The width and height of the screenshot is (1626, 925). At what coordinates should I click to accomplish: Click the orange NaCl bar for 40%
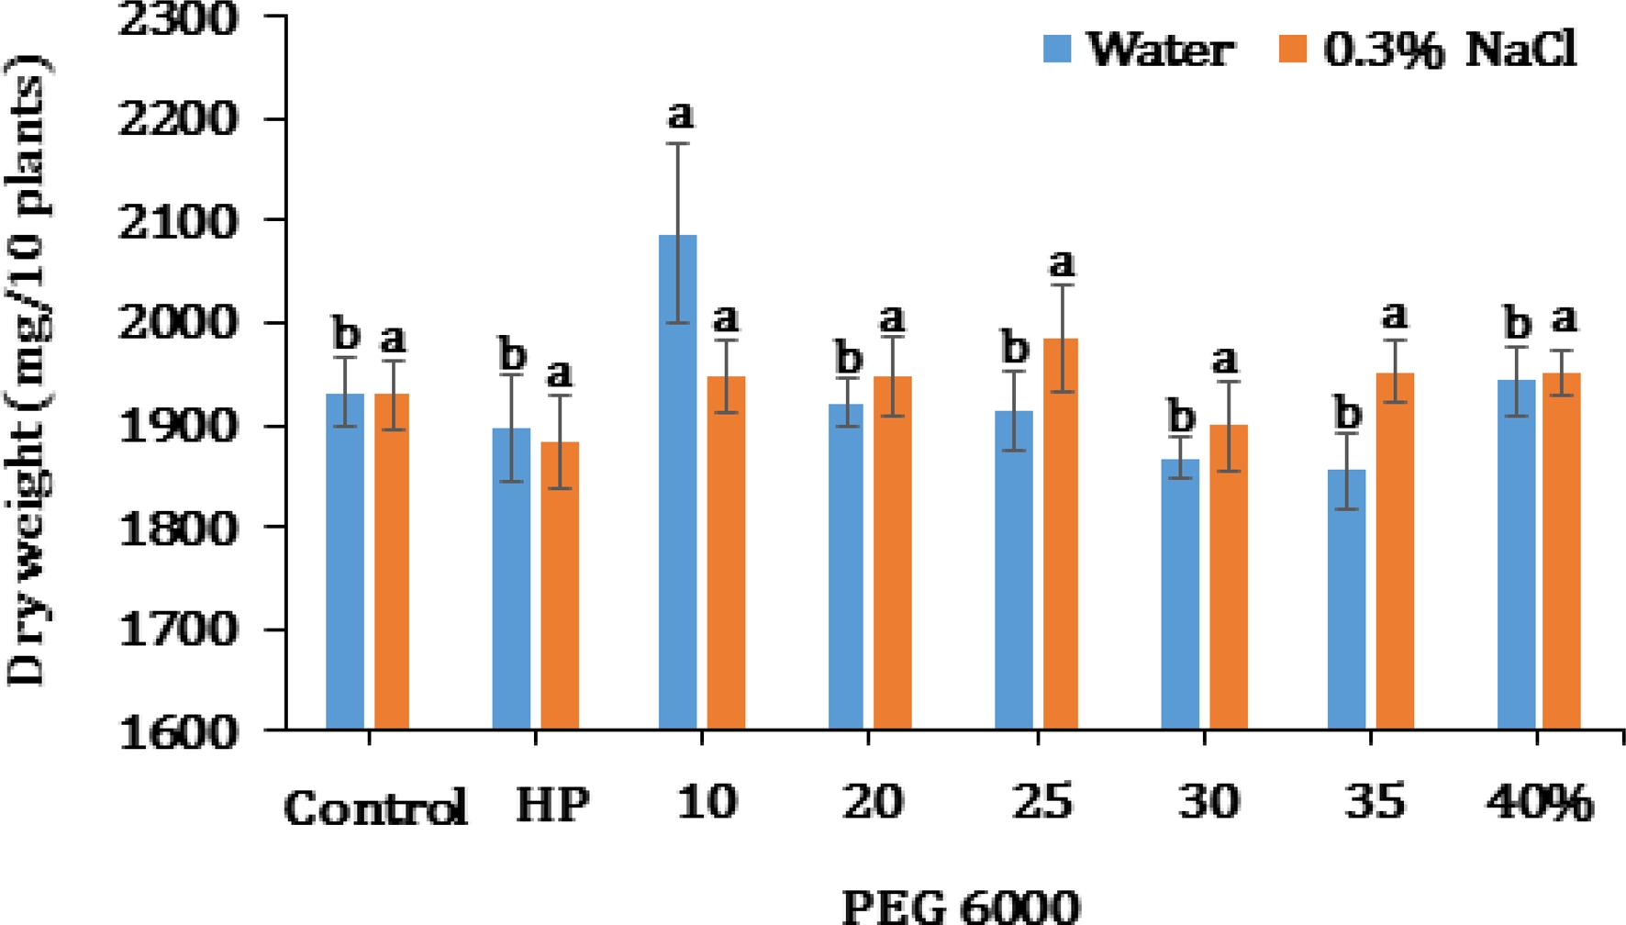click(x=1562, y=551)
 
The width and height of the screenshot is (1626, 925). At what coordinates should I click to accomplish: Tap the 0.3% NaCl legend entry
click(x=1428, y=50)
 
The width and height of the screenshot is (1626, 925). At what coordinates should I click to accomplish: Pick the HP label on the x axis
click(x=552, y=806)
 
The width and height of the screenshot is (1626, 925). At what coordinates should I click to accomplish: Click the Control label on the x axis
click(x=375, y=808)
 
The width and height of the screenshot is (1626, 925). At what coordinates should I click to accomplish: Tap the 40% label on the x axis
click(x=1540, y=804)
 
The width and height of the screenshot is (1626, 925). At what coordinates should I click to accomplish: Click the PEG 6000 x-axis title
click(x=961, y=907)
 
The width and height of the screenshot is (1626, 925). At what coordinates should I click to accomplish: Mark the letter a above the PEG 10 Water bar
click(x=680, y=116)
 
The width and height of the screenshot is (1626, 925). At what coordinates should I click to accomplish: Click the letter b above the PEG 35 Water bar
click(x=1347, y=414)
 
